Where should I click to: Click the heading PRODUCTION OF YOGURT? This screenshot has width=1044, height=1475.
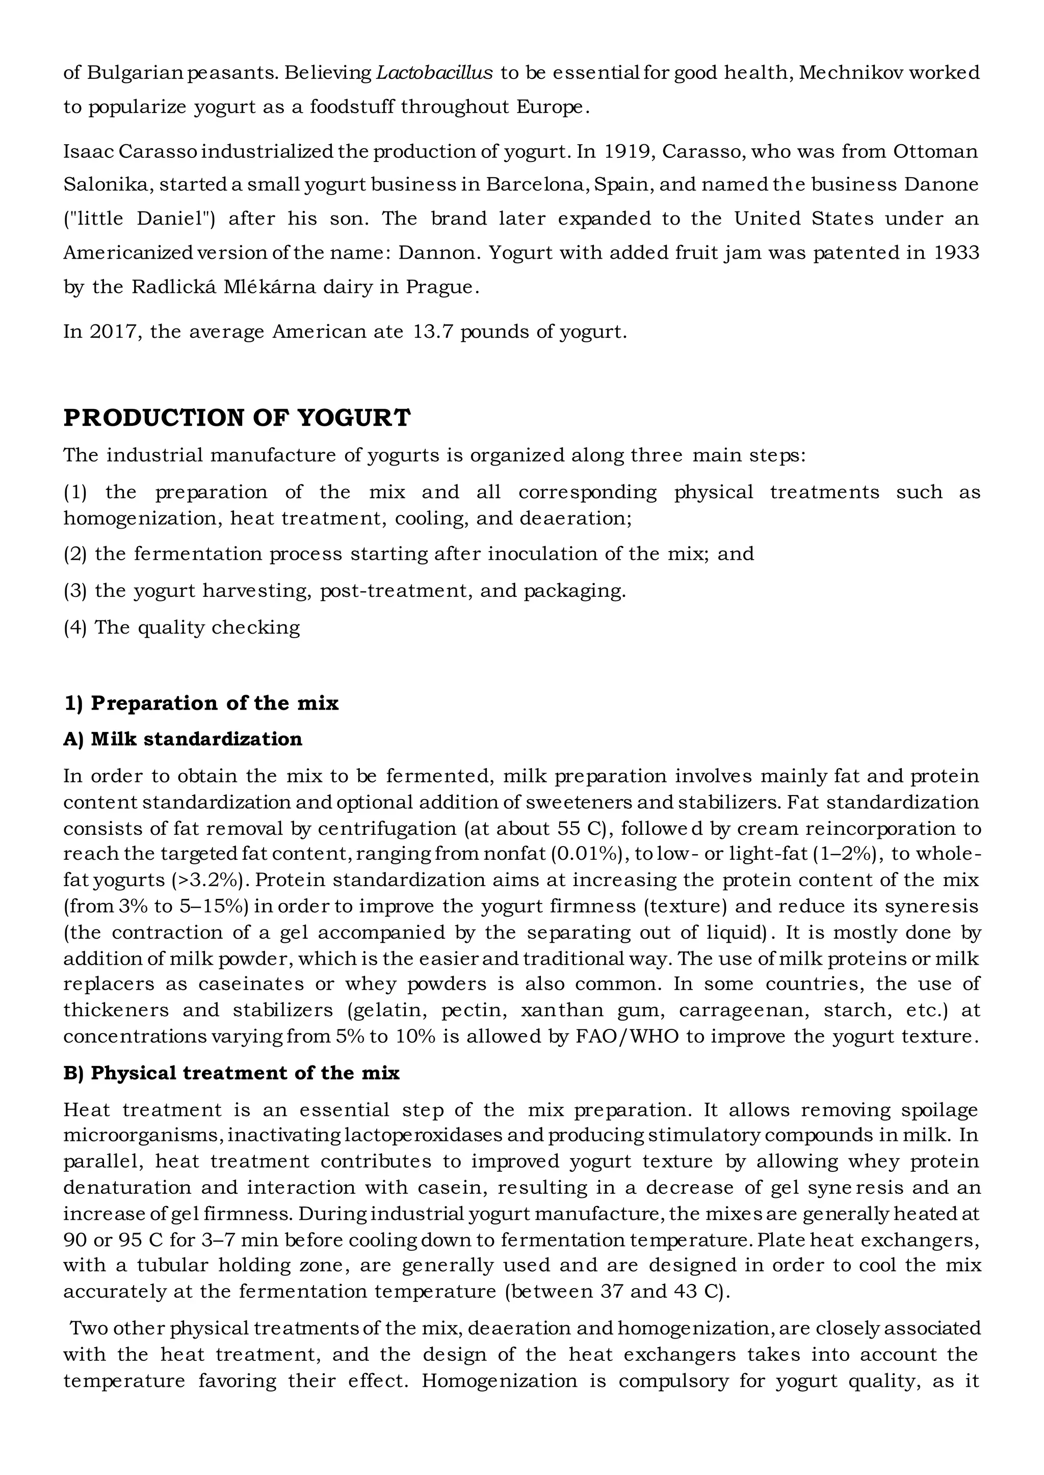coord(237,418)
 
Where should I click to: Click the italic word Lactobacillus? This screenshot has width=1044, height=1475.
coord(434,73)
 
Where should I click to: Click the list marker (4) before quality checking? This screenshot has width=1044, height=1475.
coord(75,627)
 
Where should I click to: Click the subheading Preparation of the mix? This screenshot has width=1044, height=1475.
coord(214,703)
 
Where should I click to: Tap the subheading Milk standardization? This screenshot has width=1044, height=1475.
coord(196,740)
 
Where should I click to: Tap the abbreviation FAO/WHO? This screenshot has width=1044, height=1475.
coord(628,1037)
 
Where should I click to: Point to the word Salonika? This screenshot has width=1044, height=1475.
coord(106,185)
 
